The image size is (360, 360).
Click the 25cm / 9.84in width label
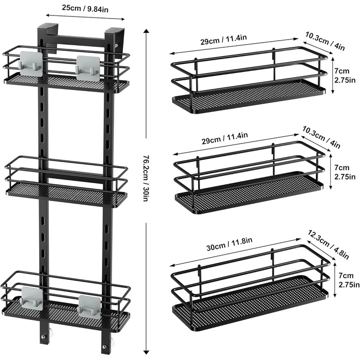(85, 9)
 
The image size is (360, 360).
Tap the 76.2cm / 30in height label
(146, 178)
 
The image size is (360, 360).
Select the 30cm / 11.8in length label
(229, 244)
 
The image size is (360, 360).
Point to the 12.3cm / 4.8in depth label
(328, 244)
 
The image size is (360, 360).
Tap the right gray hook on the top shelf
(88, 68)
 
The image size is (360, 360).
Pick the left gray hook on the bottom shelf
(32, 298)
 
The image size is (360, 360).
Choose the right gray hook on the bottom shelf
(89, 307)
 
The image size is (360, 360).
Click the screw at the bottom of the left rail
(43, 337)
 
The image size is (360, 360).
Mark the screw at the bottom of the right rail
(104, 347)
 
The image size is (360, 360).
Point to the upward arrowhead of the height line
(146, 31)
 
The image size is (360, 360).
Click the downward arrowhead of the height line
(146, 352)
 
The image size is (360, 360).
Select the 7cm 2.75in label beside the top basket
(345, 76)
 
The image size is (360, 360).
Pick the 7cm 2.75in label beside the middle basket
(345, 172)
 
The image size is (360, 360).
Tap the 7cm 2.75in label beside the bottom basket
(349, 280)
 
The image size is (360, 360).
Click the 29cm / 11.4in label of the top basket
(224, 40)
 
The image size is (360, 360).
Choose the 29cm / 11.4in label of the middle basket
(225, 138)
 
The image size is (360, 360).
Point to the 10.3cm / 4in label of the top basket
(325, 41)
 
